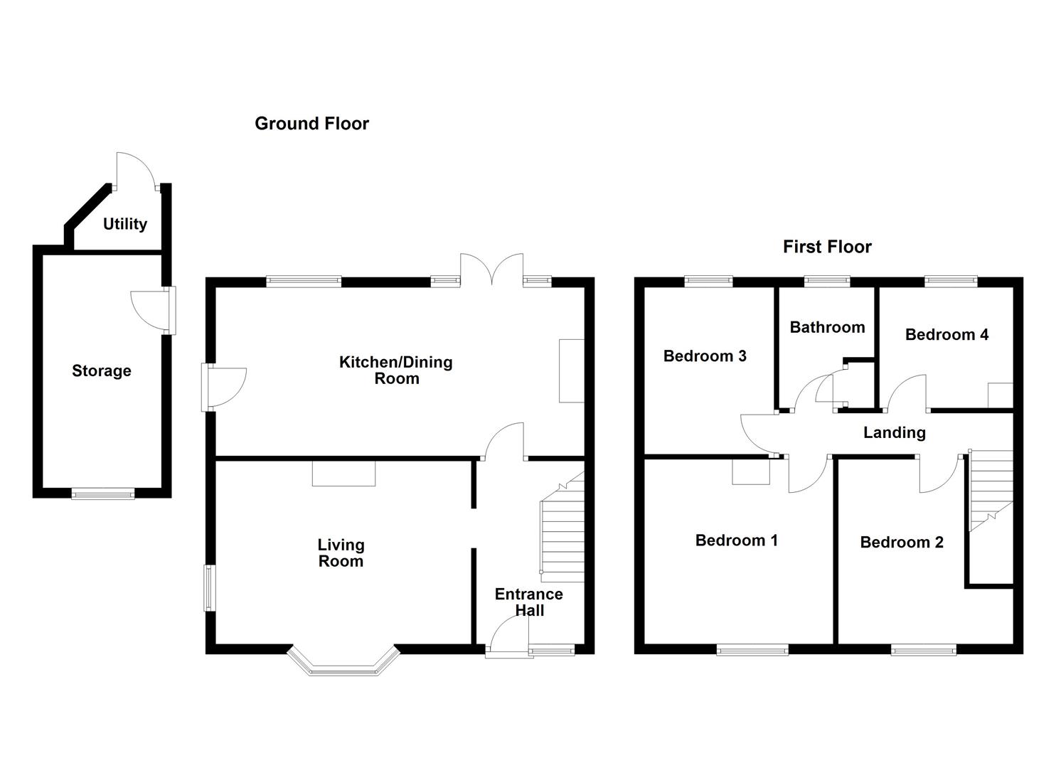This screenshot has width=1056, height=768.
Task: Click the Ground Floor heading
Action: click(x=311, y=124)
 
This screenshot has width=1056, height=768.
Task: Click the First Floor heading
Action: click(x=827, y=247)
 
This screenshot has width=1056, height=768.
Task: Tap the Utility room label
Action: click(x=125, y=224)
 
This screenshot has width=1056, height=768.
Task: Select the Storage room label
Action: click(x=102, y=370)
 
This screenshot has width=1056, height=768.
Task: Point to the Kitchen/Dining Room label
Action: click(x=396, y=370)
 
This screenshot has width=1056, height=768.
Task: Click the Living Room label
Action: click(x=341, y=553)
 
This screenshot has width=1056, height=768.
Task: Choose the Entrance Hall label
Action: click(x=528, y=602)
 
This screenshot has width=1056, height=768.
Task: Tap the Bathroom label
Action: click(x=827, y=327)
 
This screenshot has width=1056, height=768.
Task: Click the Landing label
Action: click(x=894, y=432)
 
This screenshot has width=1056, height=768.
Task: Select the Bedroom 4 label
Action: click(x=946, y=334)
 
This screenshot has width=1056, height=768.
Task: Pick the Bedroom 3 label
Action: click(x=705, y=356)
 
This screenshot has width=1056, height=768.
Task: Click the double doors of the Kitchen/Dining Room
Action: click(x=492, y=270)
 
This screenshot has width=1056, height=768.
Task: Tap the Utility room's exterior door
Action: click(x=135, y=172)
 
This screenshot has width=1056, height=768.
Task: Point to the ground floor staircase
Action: click(x=562, y=533)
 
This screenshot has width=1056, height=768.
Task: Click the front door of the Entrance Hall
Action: click(x=508, y=636)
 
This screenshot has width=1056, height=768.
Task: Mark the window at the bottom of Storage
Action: click(x=102, y=493)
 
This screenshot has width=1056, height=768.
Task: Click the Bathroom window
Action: click(x=826, y=282)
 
